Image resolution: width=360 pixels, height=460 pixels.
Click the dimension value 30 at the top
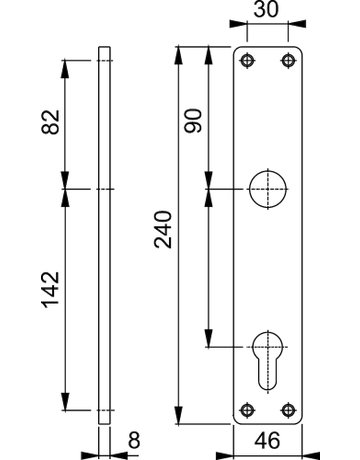266,9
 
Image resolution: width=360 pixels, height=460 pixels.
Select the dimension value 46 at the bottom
267,440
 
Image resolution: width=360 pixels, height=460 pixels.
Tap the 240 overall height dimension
163,229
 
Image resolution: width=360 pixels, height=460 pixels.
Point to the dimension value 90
193,121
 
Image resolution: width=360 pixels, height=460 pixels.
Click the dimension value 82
50,122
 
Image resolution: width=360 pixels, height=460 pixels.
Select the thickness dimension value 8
134,440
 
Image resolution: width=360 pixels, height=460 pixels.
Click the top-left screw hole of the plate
247,61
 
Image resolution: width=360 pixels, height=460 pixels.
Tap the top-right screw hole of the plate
288,61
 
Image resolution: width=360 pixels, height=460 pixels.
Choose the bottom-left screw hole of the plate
247,410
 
